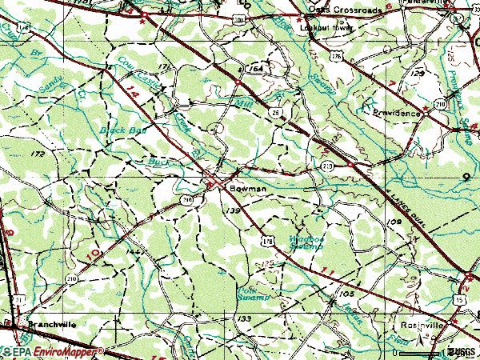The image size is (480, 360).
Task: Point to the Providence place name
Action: [397, 114]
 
